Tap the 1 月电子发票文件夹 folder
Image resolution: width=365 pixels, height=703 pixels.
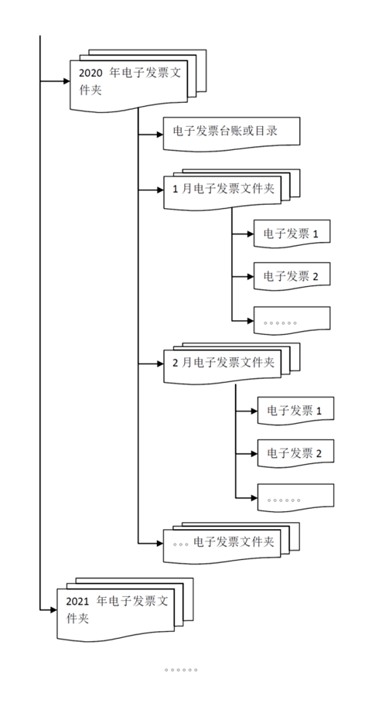220,189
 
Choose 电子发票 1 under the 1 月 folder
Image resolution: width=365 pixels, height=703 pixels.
292,233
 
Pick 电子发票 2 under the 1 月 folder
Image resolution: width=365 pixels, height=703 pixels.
292,275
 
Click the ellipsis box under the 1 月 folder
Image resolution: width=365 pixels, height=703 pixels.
292,319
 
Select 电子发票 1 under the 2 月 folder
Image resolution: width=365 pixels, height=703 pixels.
295,409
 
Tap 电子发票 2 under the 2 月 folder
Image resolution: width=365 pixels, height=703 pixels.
295,452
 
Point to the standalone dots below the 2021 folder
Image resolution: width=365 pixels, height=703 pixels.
181,670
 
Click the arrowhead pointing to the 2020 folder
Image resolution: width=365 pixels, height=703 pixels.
65,80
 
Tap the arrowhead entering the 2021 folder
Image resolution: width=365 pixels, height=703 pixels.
53,611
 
